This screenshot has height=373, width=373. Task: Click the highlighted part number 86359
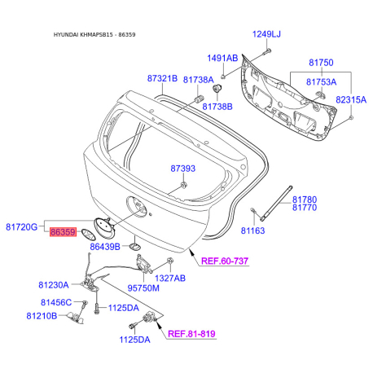coord(63,232)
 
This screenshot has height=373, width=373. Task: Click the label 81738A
coord(198,80)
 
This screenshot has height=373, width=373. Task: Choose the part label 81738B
coord(217,107)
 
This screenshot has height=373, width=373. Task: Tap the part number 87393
coord(182,169)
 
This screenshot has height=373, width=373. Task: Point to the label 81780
coord(304,199)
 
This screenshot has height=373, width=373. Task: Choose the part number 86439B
coord(105,246)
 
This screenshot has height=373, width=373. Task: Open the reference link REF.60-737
coord(222,260)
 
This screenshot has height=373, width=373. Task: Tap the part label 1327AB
coord(170,278)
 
